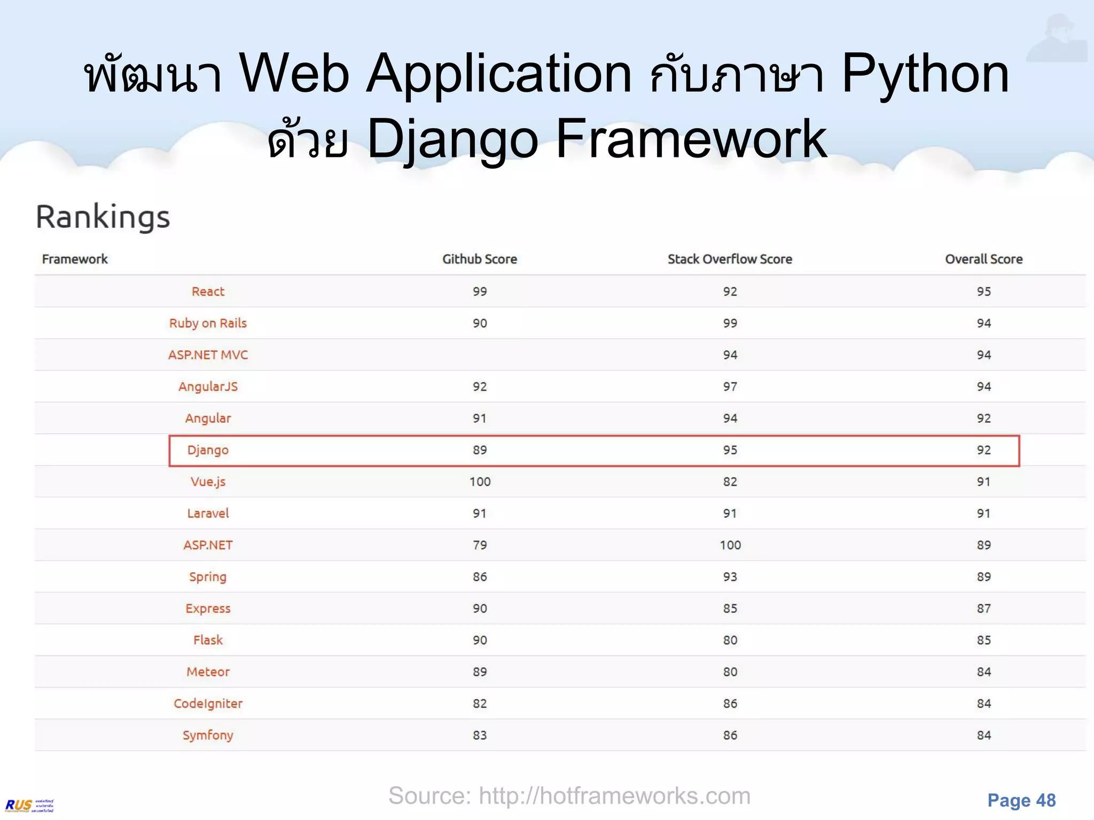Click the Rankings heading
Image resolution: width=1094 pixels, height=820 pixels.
pos(103,217)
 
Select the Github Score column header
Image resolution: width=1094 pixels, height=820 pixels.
pos(479,259)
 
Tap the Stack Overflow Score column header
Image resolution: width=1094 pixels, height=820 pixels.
pos(730,259)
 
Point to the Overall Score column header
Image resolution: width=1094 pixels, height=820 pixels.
pos(983,259)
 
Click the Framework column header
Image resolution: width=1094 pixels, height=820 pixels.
pos(75,259)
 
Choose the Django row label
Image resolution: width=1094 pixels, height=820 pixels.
pos(208,450)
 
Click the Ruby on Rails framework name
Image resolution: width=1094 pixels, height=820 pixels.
pos(208,323)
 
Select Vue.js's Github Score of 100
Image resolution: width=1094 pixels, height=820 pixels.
pos(480,482)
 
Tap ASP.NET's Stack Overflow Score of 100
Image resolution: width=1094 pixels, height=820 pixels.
pos(730,545)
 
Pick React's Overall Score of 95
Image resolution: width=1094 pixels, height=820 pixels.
pos(983,291)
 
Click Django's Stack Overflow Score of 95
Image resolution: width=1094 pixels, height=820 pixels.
pos(730,450)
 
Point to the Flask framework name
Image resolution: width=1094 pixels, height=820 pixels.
pos(208,640)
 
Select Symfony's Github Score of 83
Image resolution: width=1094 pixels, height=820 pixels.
pos(480,735)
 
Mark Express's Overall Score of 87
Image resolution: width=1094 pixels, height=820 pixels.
pos(983,609)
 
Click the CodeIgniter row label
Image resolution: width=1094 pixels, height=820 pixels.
pos(208,704)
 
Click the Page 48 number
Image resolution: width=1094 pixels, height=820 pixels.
pos(1021,800)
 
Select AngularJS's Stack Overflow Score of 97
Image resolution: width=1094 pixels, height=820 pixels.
pos(730,387)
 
